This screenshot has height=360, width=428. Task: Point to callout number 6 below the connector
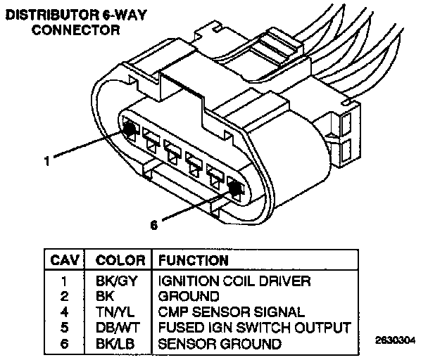pos(153,225)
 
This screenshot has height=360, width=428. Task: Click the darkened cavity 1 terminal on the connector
pos(130,130)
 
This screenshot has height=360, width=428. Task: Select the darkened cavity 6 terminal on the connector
pos(235,188)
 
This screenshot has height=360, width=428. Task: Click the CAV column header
pos(65,260)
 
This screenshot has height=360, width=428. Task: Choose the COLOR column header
pos(120,260)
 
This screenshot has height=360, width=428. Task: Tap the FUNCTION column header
pos(194,260)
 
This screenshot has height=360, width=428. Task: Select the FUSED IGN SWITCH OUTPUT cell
pos(253,328)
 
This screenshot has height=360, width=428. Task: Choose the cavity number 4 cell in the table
pos(64,311)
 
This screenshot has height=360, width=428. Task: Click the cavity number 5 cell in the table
pos(64,328)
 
